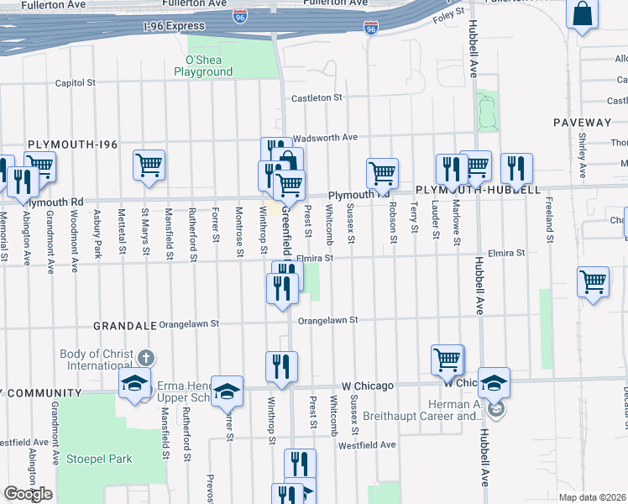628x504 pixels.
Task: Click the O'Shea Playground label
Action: click(203, 66)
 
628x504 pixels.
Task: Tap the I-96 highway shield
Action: click(371, 29)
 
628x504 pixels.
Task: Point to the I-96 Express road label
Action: click(175, 25)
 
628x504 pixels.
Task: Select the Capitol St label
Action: click(76, 83)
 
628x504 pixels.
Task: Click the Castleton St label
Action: click(317, 98)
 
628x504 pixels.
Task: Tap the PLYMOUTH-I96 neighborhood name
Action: click(73, 144)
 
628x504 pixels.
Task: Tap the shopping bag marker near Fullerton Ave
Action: click(582, 14)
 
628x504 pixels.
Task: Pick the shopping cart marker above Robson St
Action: click(382, 171)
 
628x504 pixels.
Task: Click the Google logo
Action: click(28, 494)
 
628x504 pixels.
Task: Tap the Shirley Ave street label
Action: click(582, 157)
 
